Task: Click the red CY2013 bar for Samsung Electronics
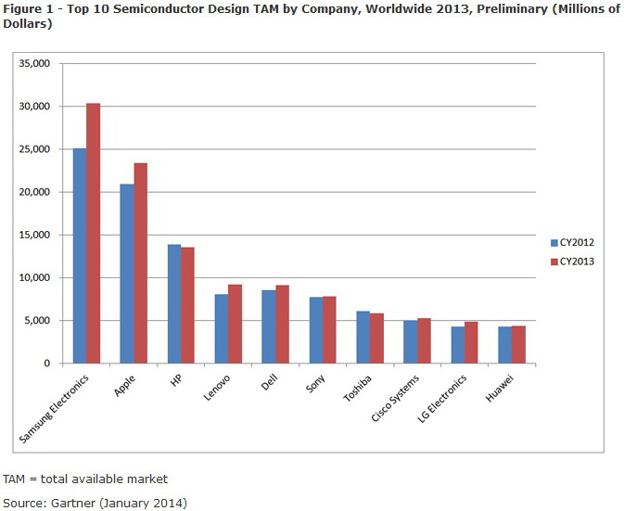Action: (x=93, y=233)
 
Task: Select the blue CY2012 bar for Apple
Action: (x=127, y=274)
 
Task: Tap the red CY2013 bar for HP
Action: (x=187, y=305)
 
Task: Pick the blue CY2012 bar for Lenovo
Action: (x=222, y=328)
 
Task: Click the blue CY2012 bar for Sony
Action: (x=316, y=330)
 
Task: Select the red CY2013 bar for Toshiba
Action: (x=376, y=339)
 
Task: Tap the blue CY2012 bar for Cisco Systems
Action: (x=410, y=342)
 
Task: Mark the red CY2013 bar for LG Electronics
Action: (x=471, y=342)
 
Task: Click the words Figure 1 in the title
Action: (x=28, y=8)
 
